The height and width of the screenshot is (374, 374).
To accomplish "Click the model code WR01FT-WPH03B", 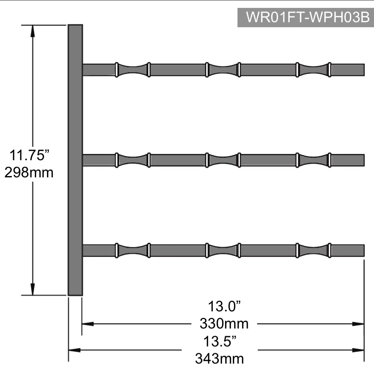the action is (308, 17).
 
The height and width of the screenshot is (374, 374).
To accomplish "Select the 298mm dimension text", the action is (29, 173).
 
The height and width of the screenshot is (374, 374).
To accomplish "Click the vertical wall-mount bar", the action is (75, 160).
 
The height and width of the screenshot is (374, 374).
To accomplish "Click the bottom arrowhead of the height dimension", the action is (33, 289).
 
